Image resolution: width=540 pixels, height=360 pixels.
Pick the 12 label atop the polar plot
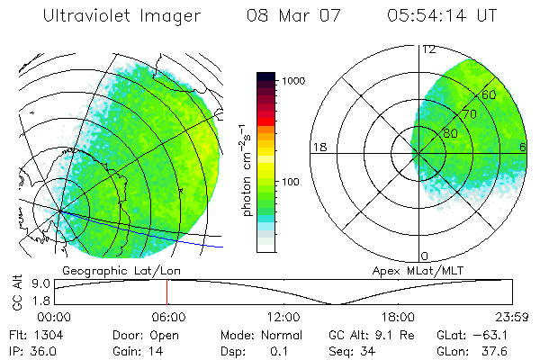[x=427, y=49]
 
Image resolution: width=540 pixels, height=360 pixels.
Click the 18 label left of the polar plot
[x=318, y=147]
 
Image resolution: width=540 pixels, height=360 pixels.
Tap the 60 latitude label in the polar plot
[x=489, y=94]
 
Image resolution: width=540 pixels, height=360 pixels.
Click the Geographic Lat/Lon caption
[x=107, y=269]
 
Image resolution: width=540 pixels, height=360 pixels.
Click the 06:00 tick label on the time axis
[x=168, y=317]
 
